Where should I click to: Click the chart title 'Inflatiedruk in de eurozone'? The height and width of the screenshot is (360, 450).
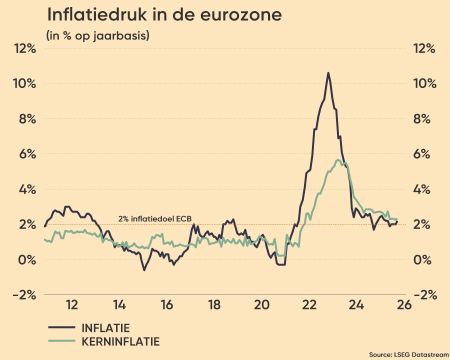(164, 15)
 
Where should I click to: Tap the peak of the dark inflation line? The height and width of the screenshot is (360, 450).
(328, 73)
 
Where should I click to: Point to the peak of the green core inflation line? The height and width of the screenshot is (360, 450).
(338, 160)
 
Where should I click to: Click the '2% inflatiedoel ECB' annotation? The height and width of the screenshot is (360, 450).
(154, 218)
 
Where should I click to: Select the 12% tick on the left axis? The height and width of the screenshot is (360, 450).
(25, 48)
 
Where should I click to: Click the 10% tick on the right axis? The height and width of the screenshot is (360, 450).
(424, 83)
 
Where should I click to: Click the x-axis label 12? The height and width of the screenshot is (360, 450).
(71, 305)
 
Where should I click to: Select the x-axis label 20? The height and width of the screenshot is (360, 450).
(261, 305)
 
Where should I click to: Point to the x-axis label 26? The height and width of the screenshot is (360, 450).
(404, 305)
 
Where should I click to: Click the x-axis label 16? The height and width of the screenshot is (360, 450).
(166, 305)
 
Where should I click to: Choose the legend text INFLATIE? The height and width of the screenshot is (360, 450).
(105, 328)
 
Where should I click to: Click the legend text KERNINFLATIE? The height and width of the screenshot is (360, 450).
(120, 342)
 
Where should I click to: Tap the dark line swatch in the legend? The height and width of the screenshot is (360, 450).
(60, 328)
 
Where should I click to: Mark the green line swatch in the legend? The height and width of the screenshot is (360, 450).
(60, 342)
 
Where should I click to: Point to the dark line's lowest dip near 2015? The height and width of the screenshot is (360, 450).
(144, 270)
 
